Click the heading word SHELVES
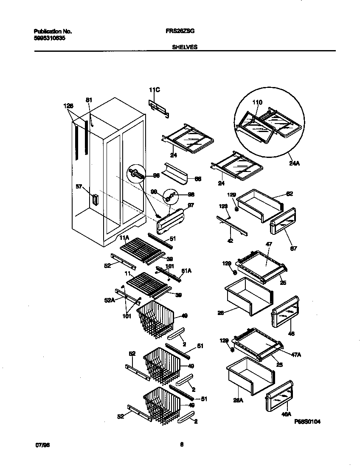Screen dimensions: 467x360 [x=184, y=48]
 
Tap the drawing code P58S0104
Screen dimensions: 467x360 [x=307, y=422]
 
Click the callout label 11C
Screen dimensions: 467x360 [x=154, y=90]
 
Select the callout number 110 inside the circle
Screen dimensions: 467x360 [x=257, y=102]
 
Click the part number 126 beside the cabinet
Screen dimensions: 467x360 [x=68, y=106]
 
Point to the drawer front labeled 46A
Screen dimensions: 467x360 [x=279, y=397]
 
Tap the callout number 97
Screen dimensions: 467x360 [x=190, y=205]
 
